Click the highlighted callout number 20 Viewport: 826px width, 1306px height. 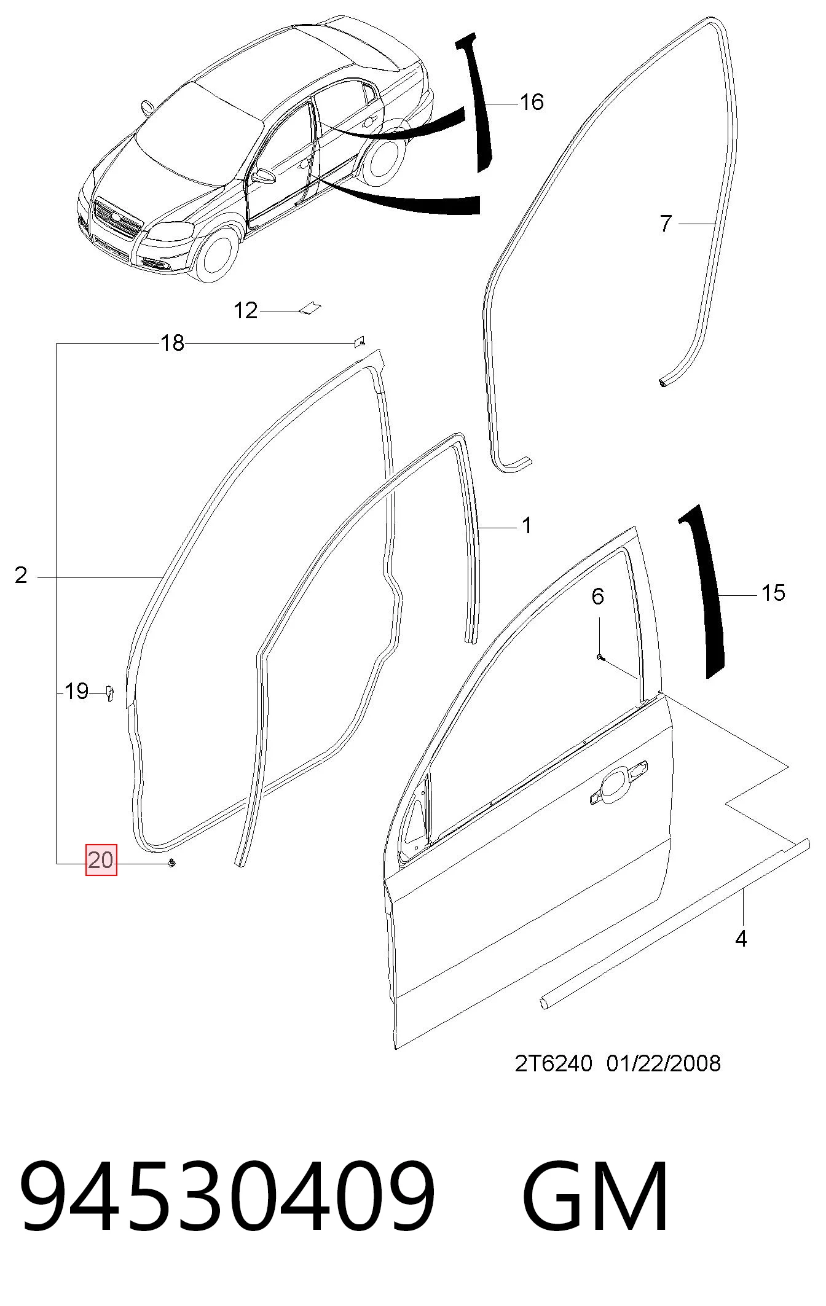point(101,860)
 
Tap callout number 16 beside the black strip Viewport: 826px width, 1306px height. point(532,102)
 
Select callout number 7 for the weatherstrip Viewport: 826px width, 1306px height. point(666,224)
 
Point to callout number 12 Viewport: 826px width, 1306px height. point(246,311)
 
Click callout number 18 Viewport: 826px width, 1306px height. point(172,343)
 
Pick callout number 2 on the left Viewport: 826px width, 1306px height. point(22,576)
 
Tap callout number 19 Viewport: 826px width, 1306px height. point(77,692)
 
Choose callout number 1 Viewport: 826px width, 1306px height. point(527,525)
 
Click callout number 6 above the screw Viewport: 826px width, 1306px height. point(598,596)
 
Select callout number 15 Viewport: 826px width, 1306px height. point(773,593)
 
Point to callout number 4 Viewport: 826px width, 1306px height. point(741,939)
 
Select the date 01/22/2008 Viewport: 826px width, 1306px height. point(664,1063)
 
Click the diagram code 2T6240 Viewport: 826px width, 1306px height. point(554,1063)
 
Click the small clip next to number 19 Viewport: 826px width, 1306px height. point(109,694)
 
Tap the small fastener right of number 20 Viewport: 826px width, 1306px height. point(171,864)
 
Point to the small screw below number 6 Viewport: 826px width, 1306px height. point(600,658)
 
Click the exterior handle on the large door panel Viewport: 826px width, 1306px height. point(619,782)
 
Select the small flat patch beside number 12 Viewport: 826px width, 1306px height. point(310,308)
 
